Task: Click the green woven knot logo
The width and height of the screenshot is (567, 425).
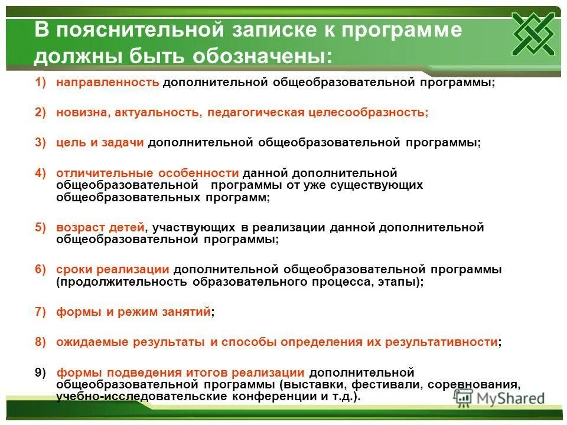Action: tap(533, 33)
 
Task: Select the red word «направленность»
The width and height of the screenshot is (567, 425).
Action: tap(107, 83)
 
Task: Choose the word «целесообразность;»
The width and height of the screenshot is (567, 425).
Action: tap(368, 113)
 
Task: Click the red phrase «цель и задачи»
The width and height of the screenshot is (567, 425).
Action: tap(100, 143)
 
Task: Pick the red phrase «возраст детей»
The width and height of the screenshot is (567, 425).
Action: tap(100, 227)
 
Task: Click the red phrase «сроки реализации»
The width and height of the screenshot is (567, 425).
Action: tap(113, 269)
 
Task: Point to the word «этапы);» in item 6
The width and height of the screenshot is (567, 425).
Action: tap(402, 282)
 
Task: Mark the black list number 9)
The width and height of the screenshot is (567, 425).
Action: tap(40, 372)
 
